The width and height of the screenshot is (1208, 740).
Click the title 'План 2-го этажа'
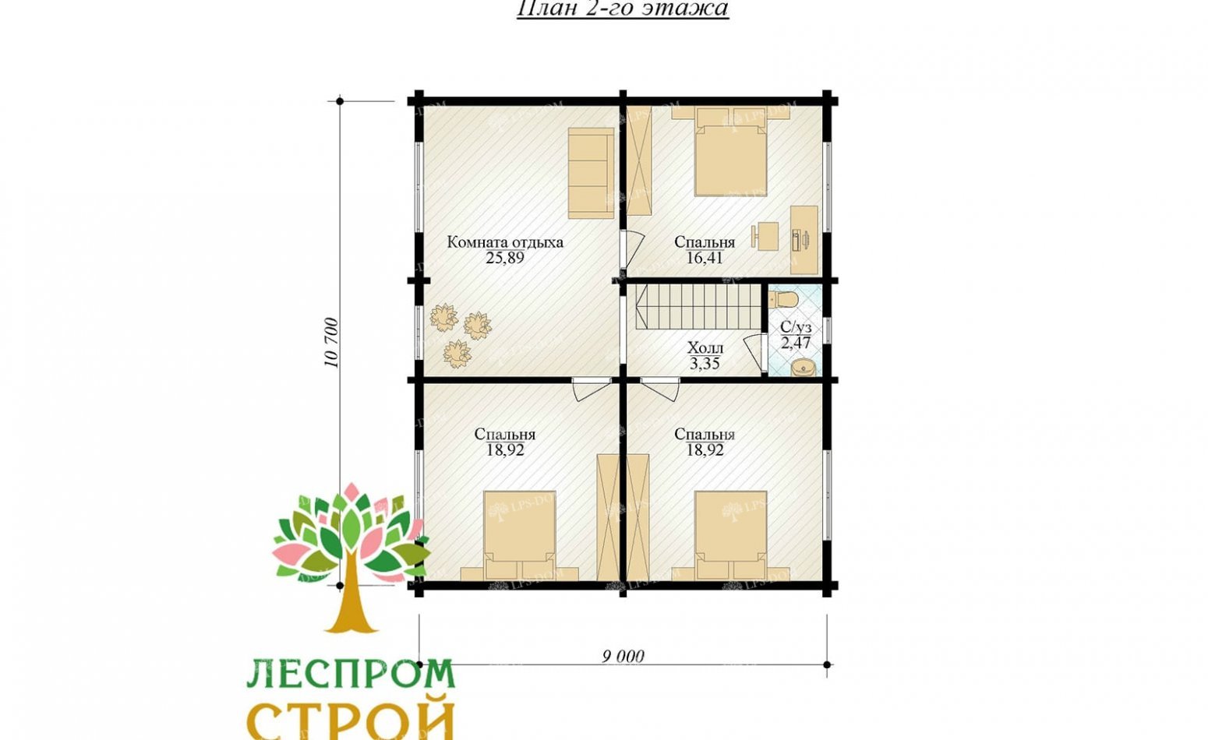tap(622, 9)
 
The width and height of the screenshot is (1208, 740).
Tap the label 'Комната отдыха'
tap(505, 241)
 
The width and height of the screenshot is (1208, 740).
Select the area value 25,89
tap(505, 258)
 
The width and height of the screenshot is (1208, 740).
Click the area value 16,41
tap(705, 258)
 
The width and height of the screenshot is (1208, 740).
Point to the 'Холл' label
tap(705, 347)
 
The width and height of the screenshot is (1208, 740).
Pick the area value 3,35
tap(705, 363)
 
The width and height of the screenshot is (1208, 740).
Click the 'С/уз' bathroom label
tap(796, 327)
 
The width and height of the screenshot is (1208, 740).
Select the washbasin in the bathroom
tap(802, 367)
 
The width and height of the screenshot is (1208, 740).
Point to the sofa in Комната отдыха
tap(590, 174)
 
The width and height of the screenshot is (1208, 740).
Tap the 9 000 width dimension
tap(623, 657)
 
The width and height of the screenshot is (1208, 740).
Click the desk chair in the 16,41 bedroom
tap(765, 234)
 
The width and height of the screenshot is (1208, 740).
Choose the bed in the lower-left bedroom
tap(519, 536)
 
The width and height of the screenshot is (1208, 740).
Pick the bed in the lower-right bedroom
tap(730, 536)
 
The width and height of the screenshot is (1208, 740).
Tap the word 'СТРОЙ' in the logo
tap(350, 721)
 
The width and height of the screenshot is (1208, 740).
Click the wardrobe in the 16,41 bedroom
tap(640, 160)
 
